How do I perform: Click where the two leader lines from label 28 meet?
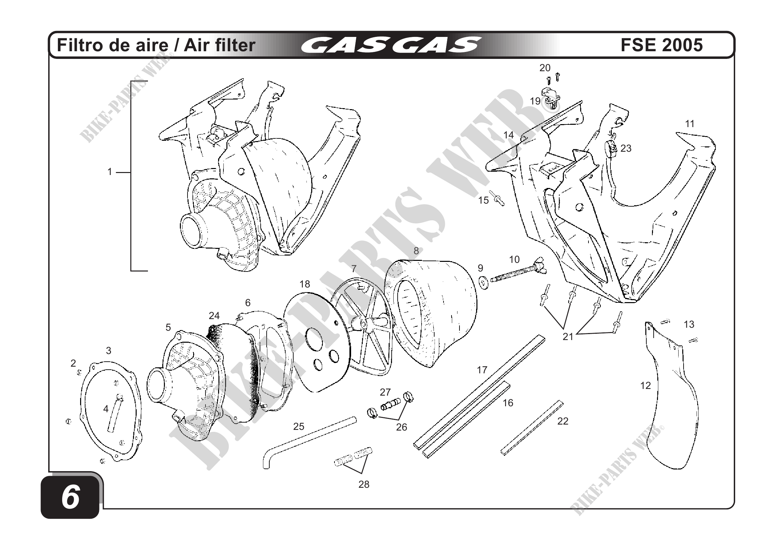click(362, 473)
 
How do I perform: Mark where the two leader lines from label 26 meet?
click(398, 420)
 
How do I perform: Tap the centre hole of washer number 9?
click(482, 281)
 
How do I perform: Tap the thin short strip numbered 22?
click(532, 428)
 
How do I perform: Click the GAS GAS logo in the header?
click(391, 45)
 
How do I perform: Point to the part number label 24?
click(214, 316)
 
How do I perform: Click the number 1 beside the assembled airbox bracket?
click(109, 172)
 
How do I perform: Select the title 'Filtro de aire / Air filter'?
click(156, 45)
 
